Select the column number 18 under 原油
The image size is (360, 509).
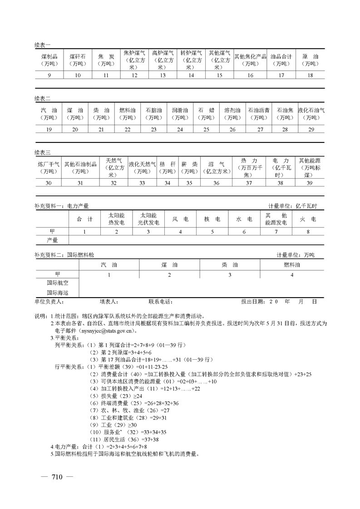point(310,75)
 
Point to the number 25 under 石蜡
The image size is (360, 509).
point(206,130)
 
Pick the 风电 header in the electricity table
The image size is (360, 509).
point(180,219)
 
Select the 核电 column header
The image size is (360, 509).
point(212,219)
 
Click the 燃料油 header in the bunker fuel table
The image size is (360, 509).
point(292,264)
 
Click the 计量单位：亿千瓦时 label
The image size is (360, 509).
point(292,206)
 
